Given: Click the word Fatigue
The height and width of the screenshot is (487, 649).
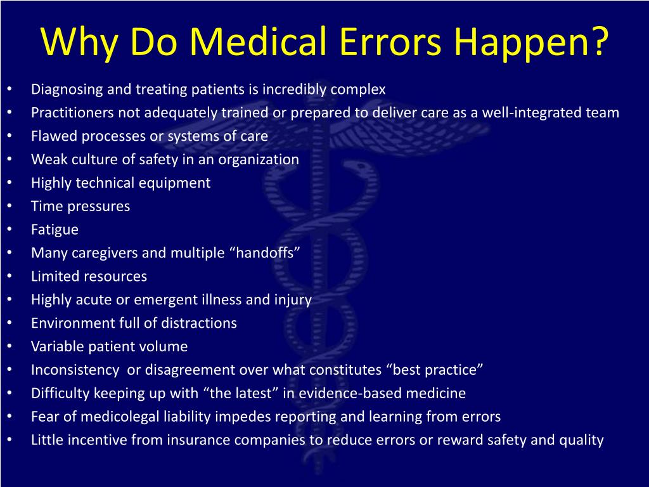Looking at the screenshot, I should [55, 230].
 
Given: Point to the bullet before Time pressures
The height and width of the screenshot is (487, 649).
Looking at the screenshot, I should [11, 206].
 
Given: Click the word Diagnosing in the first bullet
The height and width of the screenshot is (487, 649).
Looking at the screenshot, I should [67, 89].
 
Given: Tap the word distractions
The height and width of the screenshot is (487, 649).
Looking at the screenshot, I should [198, 323].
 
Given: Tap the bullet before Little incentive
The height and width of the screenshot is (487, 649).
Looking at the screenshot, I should [11, 440].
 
